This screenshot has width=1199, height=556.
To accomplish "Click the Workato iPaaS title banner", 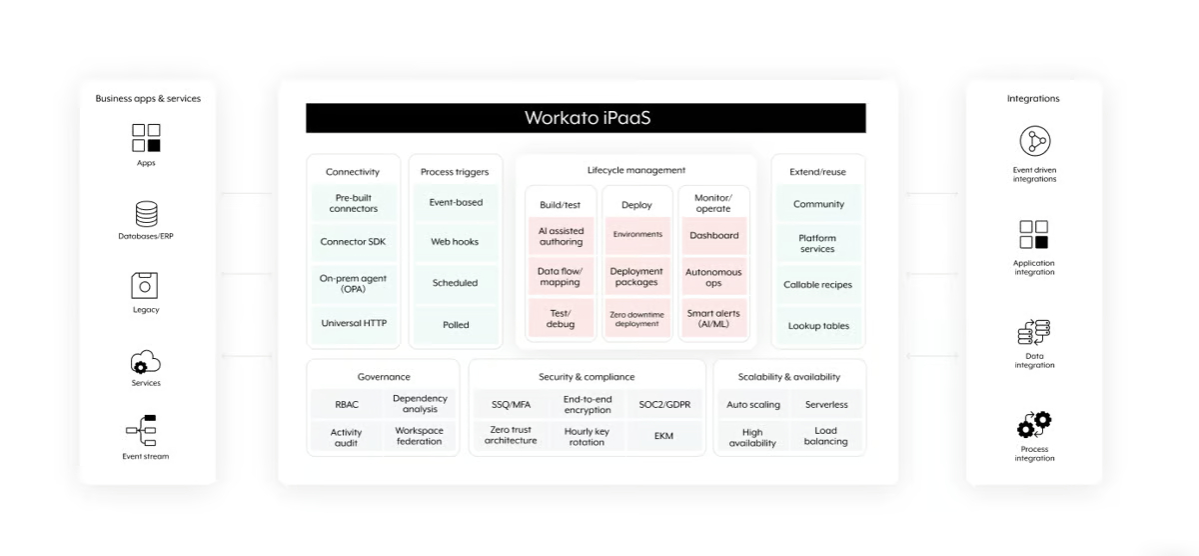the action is tap(586, 118).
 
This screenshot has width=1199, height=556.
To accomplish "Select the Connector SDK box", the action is tap(354, 242).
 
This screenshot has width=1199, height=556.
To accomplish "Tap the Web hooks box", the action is tap(455, 242).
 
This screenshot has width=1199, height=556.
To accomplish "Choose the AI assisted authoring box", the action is tap(561, 236).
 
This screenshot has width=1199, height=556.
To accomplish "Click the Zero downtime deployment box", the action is tap(637, 319).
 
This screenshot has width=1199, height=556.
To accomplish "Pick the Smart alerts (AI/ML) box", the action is tap(713, 319).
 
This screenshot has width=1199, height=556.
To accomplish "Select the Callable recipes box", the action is tap(818, 285).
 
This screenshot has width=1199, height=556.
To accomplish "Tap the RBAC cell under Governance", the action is tap(347, 405).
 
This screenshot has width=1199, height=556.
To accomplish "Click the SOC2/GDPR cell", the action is tap(664, 405).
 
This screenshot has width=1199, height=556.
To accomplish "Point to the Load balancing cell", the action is tap(826, 436).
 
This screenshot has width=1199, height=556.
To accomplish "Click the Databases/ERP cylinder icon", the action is tap(146, 214).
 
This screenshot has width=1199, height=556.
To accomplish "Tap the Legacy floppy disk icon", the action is tap(145, 285).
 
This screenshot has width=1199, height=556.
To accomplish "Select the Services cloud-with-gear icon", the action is tap(145, 363).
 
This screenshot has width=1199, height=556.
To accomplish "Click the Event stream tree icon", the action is tap(142, 430).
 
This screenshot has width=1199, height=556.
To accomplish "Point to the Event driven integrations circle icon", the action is tap(1035, 141).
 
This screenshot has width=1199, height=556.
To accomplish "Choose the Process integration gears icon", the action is tap(1034, 425).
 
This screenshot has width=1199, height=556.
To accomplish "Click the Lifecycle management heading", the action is tap(635, 170).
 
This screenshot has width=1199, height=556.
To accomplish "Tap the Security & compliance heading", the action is tap(587, 377).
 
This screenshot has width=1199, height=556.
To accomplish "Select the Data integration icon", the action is tap(1033, 333).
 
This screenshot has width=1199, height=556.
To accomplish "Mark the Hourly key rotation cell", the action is tap(587, 437).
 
